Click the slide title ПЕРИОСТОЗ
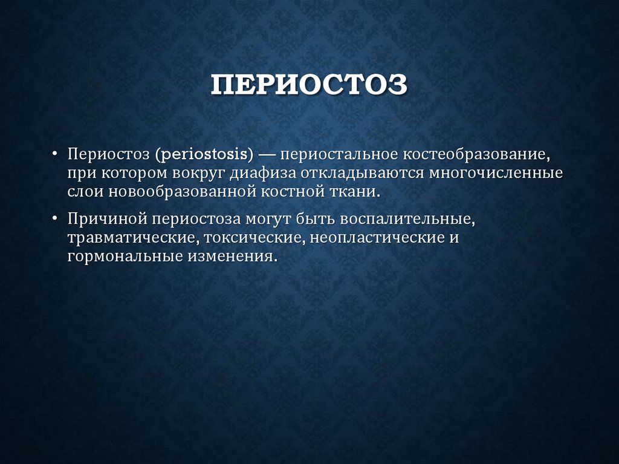pyautogui.click(x=309, y=85)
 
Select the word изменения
pyautogui.click(x=233, y=257)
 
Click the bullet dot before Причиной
pyautogui.click(x=56, y=218)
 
